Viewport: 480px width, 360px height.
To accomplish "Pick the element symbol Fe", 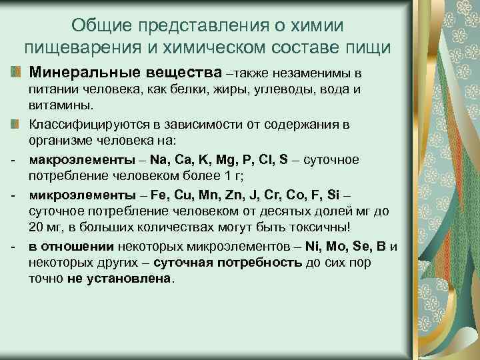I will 160,195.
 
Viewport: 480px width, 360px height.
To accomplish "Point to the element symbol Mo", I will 332,247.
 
